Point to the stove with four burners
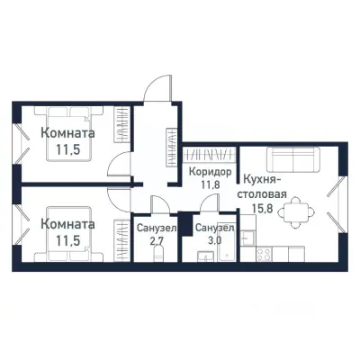click(265, 254)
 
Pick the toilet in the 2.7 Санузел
click(158, 256)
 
